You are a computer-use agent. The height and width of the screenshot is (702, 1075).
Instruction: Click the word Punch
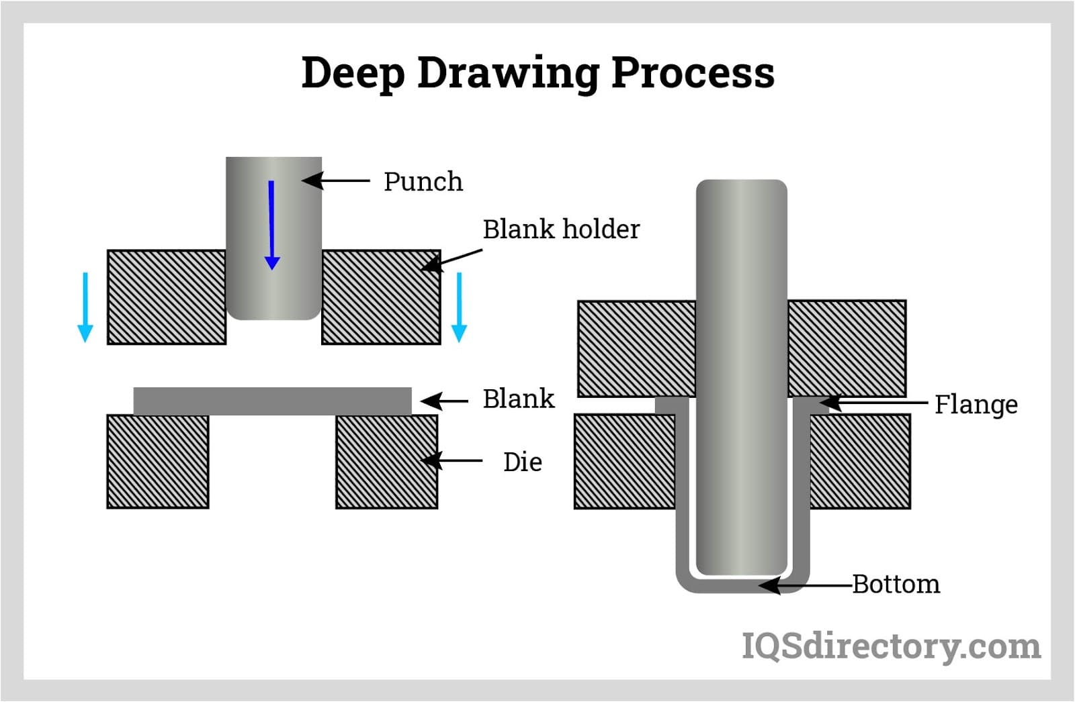(x=423, y=182)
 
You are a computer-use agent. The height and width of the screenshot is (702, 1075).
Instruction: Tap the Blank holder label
(x=561, y=230)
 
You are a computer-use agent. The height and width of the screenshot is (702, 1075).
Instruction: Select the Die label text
(x=522, y=462)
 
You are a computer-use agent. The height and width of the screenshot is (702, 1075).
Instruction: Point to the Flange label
(x=976, y=405)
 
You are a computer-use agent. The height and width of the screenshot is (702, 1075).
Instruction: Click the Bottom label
(x=896, y=584)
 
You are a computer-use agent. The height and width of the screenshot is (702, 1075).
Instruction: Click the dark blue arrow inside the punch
(x=271, y=225)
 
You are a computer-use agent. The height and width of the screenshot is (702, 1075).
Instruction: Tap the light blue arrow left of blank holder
(x=85, y=307)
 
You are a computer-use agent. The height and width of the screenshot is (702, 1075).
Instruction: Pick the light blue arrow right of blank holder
(x=459, y=307)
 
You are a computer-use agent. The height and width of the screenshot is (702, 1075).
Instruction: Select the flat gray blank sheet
(x=272, y=401)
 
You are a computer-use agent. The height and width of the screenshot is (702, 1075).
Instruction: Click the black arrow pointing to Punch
(x=336, y=181)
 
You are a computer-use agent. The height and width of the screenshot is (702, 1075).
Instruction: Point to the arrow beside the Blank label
(x=444, y=401)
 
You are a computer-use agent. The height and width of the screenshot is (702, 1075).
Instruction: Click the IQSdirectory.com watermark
(x=891, y=646)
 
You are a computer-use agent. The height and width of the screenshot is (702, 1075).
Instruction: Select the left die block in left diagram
(x=158, y=461)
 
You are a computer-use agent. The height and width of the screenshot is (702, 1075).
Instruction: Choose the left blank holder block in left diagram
(x=167, y=297)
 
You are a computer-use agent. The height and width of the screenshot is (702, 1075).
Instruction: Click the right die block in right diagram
(x=860, y=461)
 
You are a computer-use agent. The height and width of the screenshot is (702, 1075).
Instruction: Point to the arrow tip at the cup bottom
(x=763, y=585)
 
